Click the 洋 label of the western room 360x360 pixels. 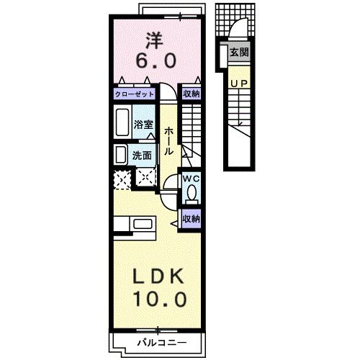click(155, 40)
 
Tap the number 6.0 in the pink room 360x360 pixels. click(156, 60)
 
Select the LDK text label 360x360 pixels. click(159, 276)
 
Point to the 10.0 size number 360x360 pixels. click(160, 300)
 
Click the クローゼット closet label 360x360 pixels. click(135, 94)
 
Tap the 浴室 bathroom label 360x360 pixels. click(143, 125)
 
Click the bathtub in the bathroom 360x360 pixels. click(122, 122)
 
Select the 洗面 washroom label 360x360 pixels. click(142, 156)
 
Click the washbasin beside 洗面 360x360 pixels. click(121, 155)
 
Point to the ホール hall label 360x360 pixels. click(168, 141)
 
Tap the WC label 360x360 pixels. click(192, 179)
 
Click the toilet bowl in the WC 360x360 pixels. click(192, 193)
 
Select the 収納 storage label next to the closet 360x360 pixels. click(192, 94)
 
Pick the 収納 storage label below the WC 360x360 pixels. click(192, 219)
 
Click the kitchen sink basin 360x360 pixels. click(143, 224)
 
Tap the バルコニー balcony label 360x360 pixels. click(161, 343)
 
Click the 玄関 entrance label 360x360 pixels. click(239, 52)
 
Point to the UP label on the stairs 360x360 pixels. click(239, 84)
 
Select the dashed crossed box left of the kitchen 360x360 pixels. click(122, 179)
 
